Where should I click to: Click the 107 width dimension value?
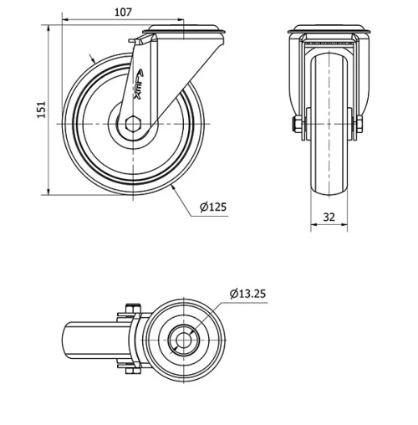122,12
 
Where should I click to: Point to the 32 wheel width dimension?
329,217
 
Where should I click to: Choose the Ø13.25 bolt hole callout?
247,293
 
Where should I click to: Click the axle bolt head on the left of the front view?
296,125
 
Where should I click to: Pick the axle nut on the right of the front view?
360,125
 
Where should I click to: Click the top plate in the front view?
329,33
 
